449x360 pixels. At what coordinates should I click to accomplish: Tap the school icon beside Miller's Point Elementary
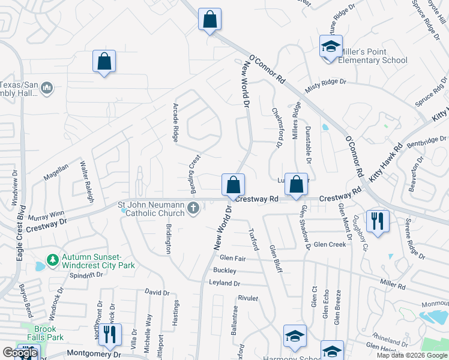pyautogui.click(x=330, y=47)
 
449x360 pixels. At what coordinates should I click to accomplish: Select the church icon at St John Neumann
pyautogui.click(x=193, y=208)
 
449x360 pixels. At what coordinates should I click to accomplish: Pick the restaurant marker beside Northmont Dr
pyautogui.click(x=109, y=333)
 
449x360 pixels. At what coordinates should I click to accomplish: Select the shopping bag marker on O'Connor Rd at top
pyautogui.click(x=209, y=19)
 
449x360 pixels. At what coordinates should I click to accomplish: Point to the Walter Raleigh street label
pyautogui.click(x=85, y=176)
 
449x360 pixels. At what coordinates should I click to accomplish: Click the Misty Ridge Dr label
pyautogui.click(x=326, y=84)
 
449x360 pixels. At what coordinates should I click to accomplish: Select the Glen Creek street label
pyautogui.click(x=330, y=245)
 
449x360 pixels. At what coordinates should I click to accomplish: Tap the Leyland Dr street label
pyautogui.click(x=224, y=283)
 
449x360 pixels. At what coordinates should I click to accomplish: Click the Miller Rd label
pyautogui.click(x=393, y=283)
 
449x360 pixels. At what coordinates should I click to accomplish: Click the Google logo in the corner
pyautogui.click(x=20, y=353)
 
